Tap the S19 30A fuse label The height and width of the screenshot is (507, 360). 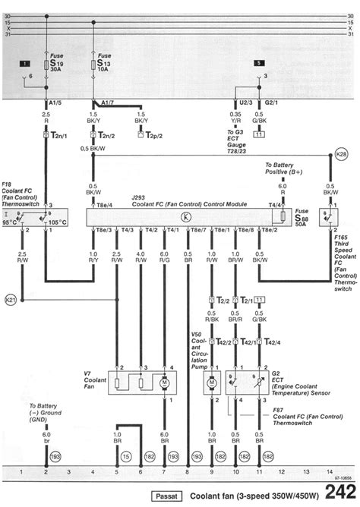coord(57,61)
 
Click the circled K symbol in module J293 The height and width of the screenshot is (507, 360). coord(187,216)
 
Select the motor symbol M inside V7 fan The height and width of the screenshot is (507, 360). coord(164,383)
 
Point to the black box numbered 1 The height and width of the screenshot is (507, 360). coord(25,63)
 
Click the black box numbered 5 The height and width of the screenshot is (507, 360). coord(258,63)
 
